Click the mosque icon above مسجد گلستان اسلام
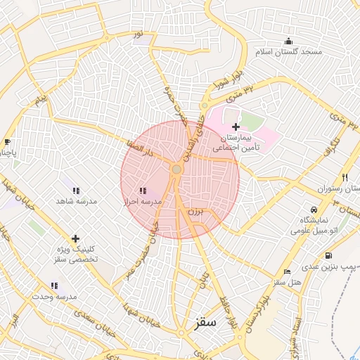click(x=288, y=40)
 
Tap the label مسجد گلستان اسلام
click(x=288, y=52)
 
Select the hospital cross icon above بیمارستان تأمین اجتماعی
click(x=236, y=126)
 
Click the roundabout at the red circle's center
click(x=176, y=169)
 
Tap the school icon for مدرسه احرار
click(x=143, y=191)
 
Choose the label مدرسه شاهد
click(x=76, y=201)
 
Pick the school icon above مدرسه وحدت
click(x=54, y=285)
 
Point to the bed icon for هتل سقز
click(x=286, y=271)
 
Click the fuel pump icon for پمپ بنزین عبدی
click(x=328, y=255)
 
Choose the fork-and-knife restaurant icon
click(x=344, y=178)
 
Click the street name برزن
click(x=194, y=210)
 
